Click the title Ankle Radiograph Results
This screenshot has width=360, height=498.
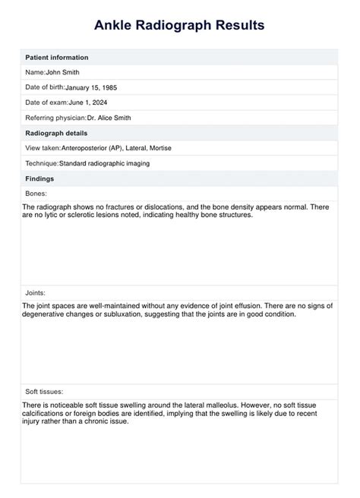coord(179,25)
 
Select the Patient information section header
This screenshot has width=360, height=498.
coord(57,58)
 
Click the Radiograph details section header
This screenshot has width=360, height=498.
coord(57,133)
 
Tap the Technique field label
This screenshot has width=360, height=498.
coord(42,163)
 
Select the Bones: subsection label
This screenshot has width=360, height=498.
coord(36,194)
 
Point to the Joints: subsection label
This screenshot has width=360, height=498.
coord(35,292)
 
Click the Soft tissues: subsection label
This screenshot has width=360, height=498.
coord(43,391)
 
